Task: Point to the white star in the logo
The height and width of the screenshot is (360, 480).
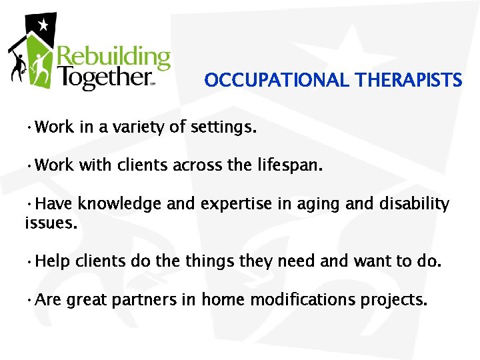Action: tap(44, 26)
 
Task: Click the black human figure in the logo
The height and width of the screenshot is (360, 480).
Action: tap(17, 63)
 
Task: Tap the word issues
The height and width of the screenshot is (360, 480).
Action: tap(51, 223)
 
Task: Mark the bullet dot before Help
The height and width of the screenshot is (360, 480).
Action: tap(30, 262)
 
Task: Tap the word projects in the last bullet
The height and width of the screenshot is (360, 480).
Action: tap(393, 300)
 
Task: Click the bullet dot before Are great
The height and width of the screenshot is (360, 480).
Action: tap(30, 301)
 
